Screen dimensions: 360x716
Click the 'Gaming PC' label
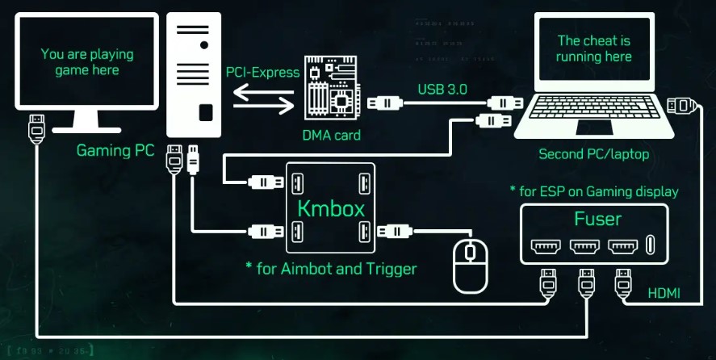pyautogui.click(x=115, y=150)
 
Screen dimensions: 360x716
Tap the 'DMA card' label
pyautogui.click(x=333, y=135)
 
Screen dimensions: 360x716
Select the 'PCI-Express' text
pyautogui.click(x=262, y=73)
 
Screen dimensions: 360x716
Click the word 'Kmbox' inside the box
pyautogui.click(x=331, y=208)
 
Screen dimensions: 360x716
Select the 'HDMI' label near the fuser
pyautogui.click(x=664, y=295)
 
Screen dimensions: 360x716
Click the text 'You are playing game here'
pyautogui.click(x=86, y=62)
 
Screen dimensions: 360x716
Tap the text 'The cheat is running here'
pyautogui.click(x=594, y=48)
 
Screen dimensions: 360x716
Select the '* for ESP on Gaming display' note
pyautogui.click(x=593, y=191)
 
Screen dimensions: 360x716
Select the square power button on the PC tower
pyautogui.click(x=205, y=111)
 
